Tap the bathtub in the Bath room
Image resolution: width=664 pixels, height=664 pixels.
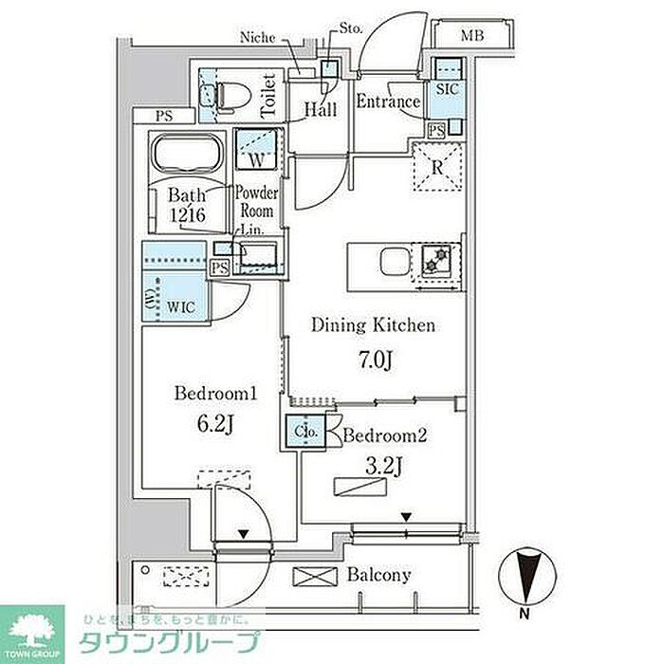coord(187,153)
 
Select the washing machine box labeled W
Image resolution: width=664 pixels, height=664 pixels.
coord(257,149)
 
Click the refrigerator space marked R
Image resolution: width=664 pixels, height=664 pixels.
coord(438,167)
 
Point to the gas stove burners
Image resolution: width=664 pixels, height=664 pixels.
coord(436,260)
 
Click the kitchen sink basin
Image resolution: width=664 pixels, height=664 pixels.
coord(395,262)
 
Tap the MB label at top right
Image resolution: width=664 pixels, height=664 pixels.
coord(472,36)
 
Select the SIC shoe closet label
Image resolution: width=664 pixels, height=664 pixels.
coord(447,89)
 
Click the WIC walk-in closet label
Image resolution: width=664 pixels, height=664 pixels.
coord(181,307)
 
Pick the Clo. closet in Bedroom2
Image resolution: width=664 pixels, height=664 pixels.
coord(305,432)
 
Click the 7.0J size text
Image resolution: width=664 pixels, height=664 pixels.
coord(376,360)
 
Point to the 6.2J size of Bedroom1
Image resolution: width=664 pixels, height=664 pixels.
coord(215,424)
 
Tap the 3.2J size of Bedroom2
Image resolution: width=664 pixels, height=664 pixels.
coord(384,467)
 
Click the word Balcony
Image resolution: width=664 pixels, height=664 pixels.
coord(379,575)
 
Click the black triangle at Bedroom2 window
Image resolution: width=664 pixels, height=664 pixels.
coord(407,517)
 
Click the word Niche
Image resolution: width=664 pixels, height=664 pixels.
coord(257,38)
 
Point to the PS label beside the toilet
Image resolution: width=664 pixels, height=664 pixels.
coord(164,116)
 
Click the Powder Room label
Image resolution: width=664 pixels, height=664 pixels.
coord(257,202)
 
